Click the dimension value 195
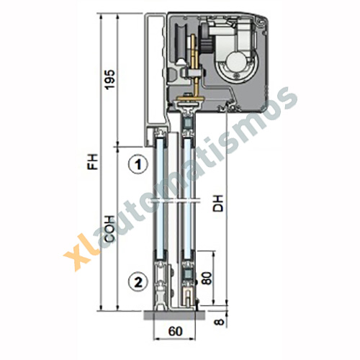(110, 80)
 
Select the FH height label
(93, 161)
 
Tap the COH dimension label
(110, 229)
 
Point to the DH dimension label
(218, 204)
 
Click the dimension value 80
(207, 278)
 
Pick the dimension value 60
(176, 331)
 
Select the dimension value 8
(219, 322)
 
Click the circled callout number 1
(138, 165)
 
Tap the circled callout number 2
(138, 282)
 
